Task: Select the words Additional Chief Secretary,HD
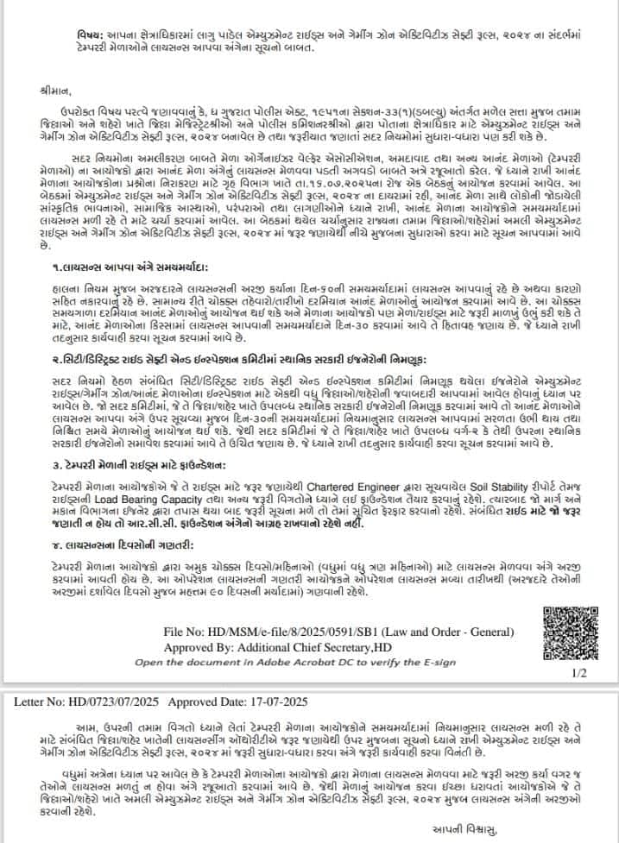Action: pyautogui.click(x=344, y=648)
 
